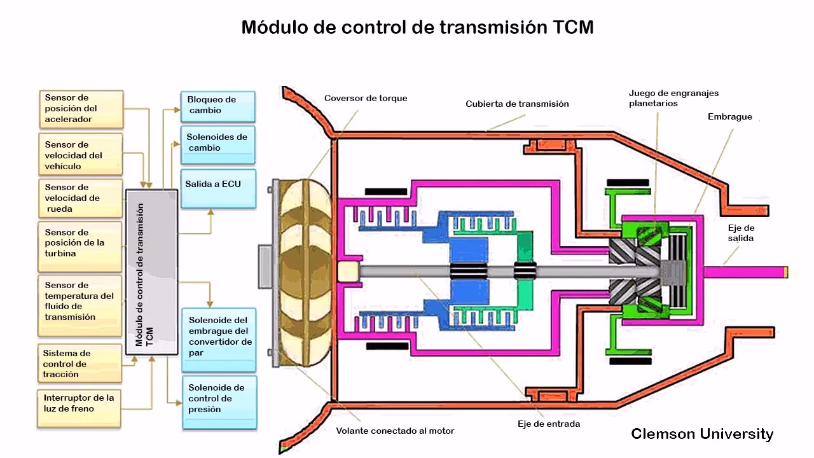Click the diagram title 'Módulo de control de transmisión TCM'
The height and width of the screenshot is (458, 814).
417,28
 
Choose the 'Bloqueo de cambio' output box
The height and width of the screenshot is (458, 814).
218,106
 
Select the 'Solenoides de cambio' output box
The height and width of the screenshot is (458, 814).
218,144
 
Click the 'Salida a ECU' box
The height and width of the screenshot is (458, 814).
218,188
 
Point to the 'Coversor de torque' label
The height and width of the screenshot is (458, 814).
366,99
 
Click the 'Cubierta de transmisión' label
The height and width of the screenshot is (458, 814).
517,104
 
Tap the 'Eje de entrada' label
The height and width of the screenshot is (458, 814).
548,424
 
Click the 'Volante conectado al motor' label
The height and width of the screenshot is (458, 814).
395,431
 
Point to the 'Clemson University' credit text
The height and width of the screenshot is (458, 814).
702,434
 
